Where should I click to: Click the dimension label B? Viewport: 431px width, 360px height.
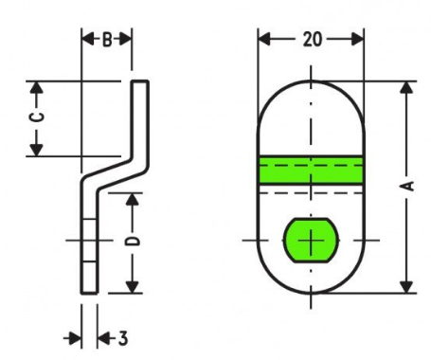pyautogui.click(x=107, y=40)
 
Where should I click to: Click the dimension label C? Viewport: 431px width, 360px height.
pyautogui.click(x=37, y=117)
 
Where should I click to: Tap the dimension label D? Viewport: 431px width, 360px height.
pyautogui.click(x=133, y=242)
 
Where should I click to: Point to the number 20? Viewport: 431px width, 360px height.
pyautogui.click(x=313, y=40)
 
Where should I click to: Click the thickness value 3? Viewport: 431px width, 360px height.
pyautogui.click(x=123, y=338)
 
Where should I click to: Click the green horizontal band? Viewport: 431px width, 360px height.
pyautogui.click(x=311, y=170)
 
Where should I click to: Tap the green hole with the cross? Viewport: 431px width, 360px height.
pyautogui.click(x=311, y=241)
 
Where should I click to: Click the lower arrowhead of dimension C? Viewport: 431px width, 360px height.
pyautogui.click(x=37, y=150)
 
